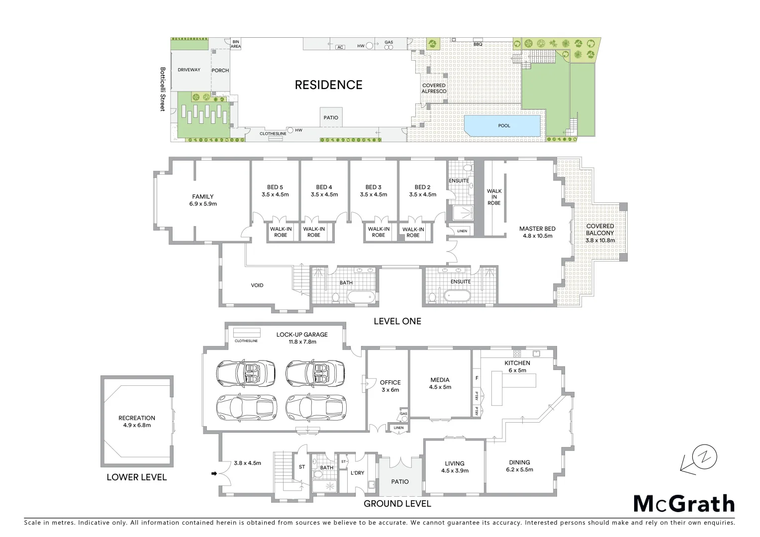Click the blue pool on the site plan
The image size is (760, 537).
point(502,126)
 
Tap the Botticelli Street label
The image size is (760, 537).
point(162,89)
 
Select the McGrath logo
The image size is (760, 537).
point(684,504)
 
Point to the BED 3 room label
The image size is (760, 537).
point(373,191)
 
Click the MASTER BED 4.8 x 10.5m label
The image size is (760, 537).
point(537,232)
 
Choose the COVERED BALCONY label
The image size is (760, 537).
point(600,233)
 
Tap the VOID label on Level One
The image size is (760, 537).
point(257,285)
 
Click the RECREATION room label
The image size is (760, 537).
point(137,421)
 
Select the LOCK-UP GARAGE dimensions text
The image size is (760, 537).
point(302,342)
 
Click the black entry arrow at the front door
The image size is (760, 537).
point(214,473)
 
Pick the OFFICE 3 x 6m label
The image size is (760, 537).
point(390,386)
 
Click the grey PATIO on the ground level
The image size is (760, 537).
point(400,481)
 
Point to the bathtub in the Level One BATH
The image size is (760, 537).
point(361,297)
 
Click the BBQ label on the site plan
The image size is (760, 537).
point(477,44)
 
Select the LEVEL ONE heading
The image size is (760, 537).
point(397,321)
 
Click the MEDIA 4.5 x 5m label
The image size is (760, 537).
point(440,383)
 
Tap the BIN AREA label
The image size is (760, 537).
point(236,44)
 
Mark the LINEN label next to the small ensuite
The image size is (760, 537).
point(462,231)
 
